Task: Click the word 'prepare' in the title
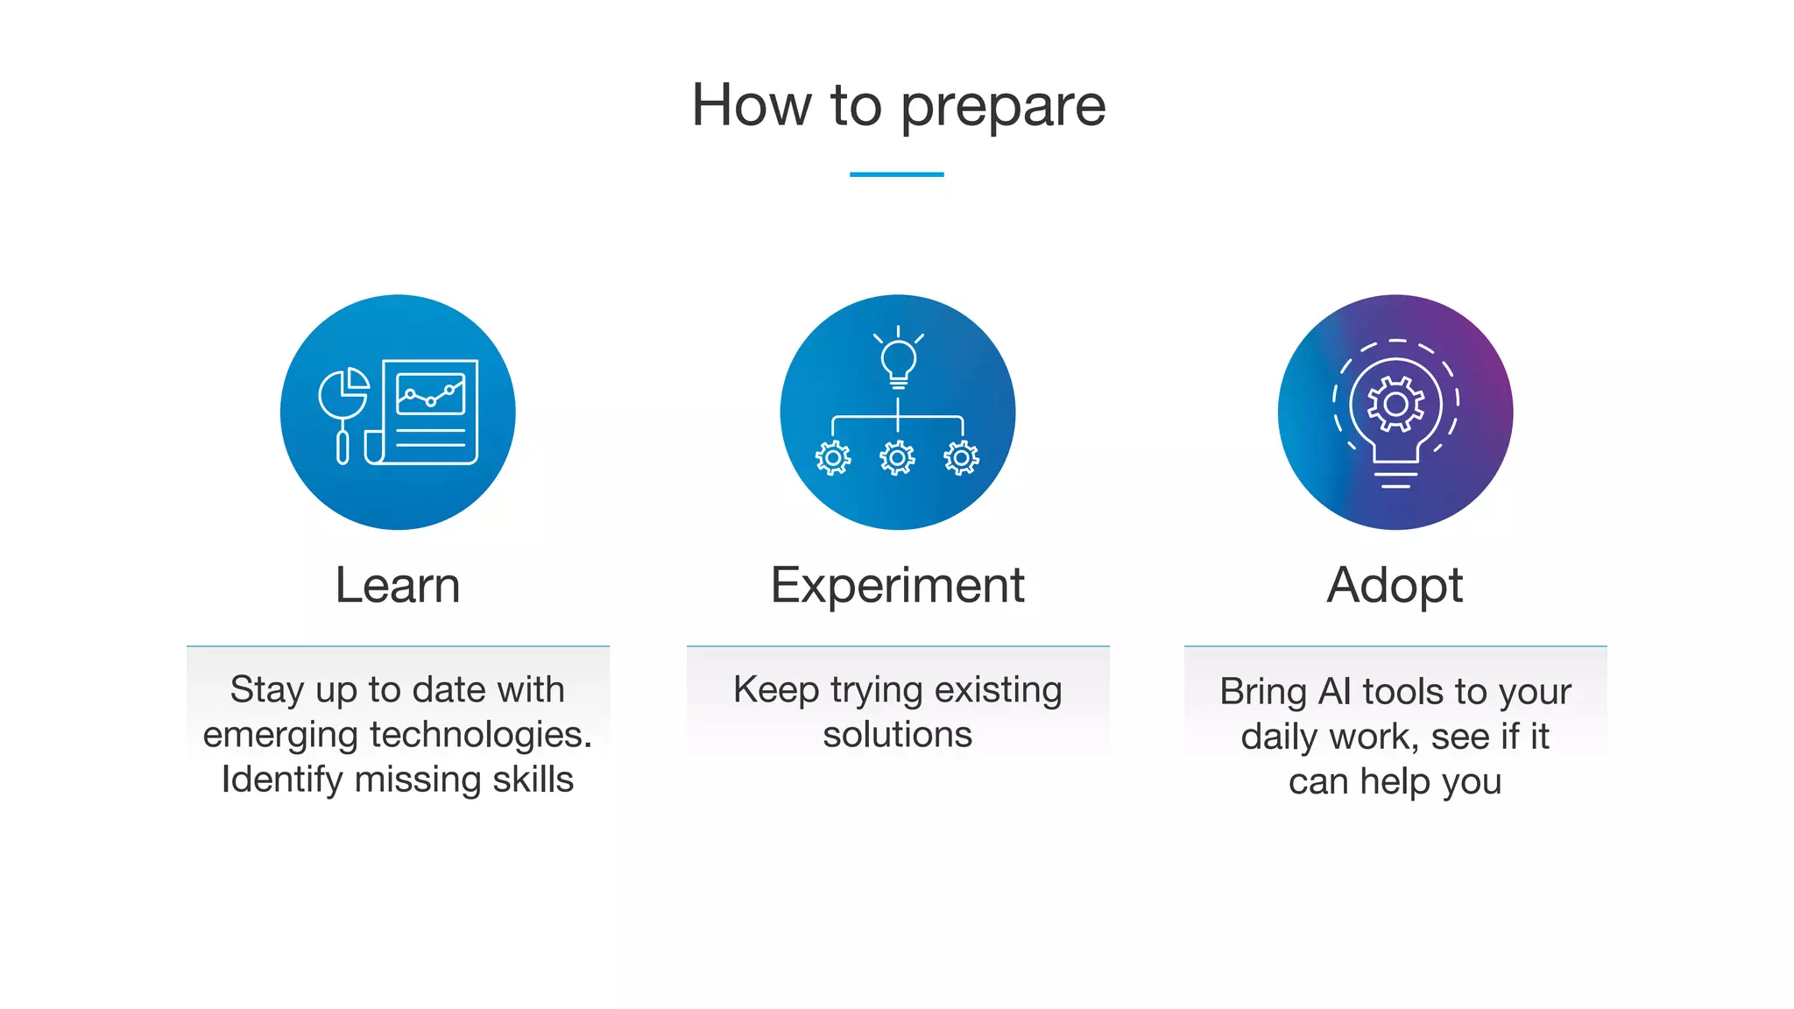pos(1003,107)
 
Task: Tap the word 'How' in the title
pos(751,105)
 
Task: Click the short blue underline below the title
pos(896,174)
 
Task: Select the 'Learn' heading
pos(398,585)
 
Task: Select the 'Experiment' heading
pos(897,585)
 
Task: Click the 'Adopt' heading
pos(1395,585)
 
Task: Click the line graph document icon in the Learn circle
pos(430,410)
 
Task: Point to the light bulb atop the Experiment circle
pos(898,360)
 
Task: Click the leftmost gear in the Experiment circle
pos(833,457)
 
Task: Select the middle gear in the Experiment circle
pos(897,457)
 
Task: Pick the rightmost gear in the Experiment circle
pos(961,457)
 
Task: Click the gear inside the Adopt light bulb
pos(1395,405)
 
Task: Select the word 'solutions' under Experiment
pos(897,734)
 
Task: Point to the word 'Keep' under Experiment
pos(775,689)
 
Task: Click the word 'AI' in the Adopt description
pos(1335,691)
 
